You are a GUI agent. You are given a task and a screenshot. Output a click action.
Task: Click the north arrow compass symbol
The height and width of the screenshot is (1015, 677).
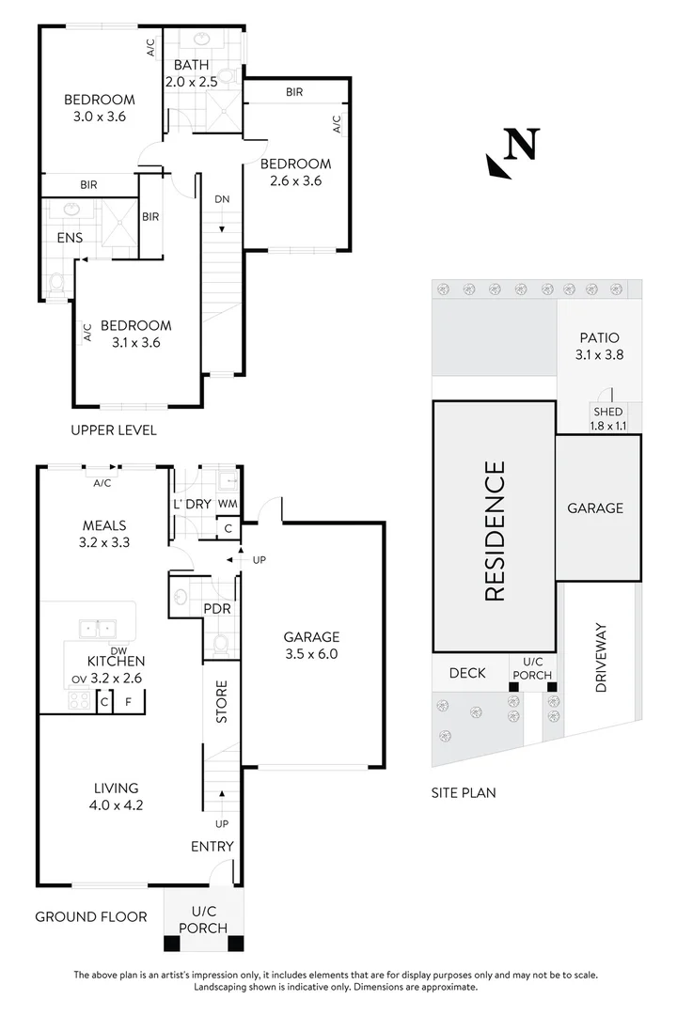coord(512,153)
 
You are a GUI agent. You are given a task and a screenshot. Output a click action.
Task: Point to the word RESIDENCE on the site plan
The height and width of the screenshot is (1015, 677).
coord(496,530)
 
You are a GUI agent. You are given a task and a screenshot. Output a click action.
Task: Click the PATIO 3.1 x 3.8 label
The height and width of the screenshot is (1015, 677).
coord(600,346)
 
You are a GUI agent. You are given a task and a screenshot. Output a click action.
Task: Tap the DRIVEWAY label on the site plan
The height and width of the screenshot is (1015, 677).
coord(602,658)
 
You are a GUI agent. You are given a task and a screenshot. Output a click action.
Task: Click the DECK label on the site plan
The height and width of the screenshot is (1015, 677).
coord(466,673)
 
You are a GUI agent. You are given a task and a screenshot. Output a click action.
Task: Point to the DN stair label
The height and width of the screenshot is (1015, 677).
coord(222,199)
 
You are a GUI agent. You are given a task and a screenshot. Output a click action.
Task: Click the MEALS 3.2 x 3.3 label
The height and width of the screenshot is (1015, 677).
coord(104,533)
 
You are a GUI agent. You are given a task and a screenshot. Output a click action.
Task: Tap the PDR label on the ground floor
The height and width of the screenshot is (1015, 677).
coord(217,609)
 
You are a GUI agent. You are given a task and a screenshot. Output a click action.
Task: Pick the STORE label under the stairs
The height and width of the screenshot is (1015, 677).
coord(223,702)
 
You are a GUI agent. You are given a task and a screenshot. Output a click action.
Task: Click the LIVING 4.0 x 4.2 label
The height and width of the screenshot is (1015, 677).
coord(117,796)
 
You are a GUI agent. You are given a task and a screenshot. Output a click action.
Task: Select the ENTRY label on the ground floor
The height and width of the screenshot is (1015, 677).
coord(212,846)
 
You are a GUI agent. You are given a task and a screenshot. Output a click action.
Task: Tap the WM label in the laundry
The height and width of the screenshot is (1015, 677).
coord(227,504)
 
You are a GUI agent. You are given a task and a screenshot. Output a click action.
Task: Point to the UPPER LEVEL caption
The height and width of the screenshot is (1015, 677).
coord(114,430)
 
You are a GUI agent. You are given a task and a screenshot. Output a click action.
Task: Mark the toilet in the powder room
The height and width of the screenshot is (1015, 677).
coord(221,645)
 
